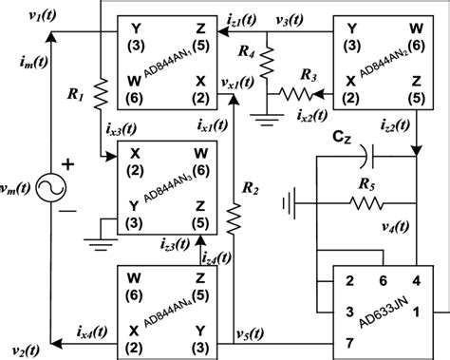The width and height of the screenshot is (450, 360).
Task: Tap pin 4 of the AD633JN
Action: pyautogui.click(x=414, y=282)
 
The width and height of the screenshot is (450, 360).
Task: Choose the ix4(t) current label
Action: pyautogui.click(x=91, y=326)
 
